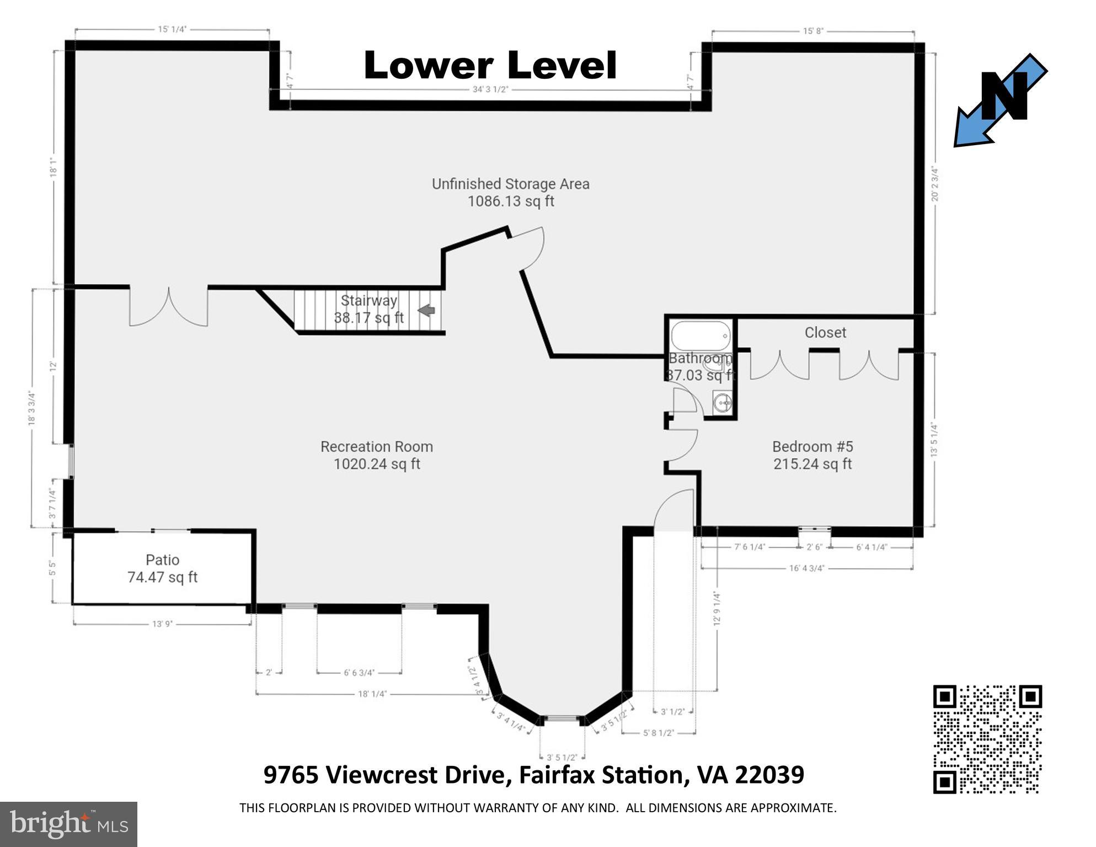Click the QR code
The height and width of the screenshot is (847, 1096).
[987, 739]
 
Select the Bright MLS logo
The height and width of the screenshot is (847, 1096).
[68, 824]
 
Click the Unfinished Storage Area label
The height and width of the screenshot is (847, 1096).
[510, 192]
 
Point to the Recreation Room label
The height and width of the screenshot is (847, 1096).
[377, 455]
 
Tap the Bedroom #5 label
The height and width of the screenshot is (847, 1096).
[812, 455]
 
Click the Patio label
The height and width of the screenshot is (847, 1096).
[162, 568]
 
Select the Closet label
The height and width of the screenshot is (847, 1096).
[825, 332]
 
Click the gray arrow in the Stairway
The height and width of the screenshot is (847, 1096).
[426, 311]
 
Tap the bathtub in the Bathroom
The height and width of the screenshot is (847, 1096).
[701, 335]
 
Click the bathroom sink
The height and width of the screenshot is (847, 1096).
[721, 403]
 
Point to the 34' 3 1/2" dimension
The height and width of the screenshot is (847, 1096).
[490, 89]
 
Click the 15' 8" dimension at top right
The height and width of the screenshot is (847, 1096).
[812, 31]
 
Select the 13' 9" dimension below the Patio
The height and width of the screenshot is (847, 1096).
[162, 624]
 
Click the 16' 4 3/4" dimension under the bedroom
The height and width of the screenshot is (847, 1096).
[806, 568]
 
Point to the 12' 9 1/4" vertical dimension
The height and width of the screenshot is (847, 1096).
[717, 608]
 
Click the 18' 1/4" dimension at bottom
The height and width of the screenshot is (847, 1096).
[372, 694]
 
